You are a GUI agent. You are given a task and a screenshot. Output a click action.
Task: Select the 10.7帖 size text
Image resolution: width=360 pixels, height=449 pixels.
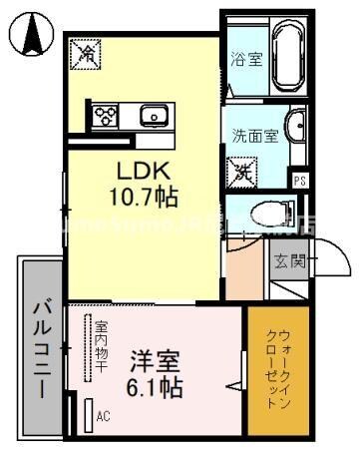(144, 197)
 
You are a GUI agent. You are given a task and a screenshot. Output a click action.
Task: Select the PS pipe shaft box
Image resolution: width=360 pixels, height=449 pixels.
(299, 181)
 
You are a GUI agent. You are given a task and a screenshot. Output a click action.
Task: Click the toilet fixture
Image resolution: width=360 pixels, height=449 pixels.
(267, 213)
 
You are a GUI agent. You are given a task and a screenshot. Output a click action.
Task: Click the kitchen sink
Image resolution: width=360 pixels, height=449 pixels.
(156, 116)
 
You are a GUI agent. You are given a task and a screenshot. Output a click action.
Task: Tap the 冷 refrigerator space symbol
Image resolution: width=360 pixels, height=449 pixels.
(86, 55)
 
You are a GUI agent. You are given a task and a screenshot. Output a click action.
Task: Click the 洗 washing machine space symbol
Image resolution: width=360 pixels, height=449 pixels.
(242, 172)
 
